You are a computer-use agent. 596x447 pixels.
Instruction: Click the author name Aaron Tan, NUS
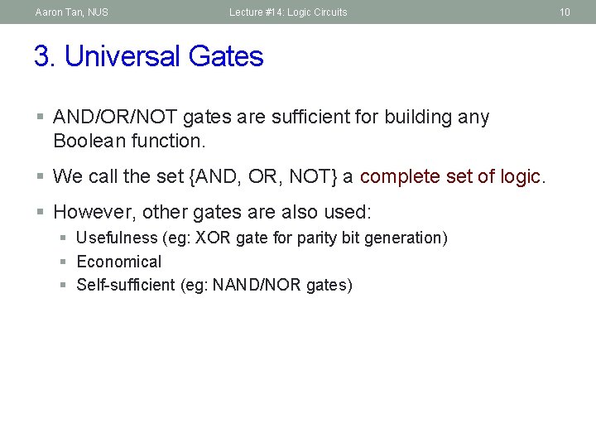(71, 12)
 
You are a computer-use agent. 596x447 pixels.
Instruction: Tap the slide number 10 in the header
(565, 12)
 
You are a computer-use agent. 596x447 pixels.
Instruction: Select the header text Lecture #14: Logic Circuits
(288, 12)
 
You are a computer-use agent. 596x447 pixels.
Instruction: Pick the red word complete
(398, 176)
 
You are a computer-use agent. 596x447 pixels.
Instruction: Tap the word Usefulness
(117, 238)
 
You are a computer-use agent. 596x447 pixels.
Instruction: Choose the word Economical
(119, 262)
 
